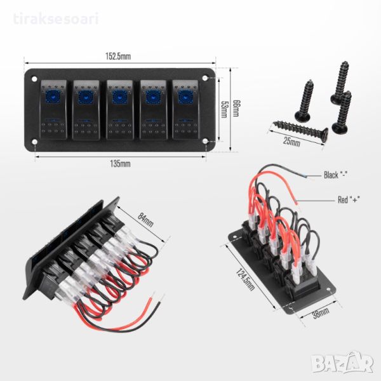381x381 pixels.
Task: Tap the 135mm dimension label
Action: pos(121,163)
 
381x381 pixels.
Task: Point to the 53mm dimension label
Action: pos(224,109)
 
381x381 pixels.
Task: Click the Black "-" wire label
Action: pos(338,175)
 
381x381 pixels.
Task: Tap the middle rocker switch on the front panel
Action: pos(119,109)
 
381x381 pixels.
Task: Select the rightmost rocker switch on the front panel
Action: pos(185,109)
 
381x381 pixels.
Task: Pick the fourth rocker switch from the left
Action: pos(152,109)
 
